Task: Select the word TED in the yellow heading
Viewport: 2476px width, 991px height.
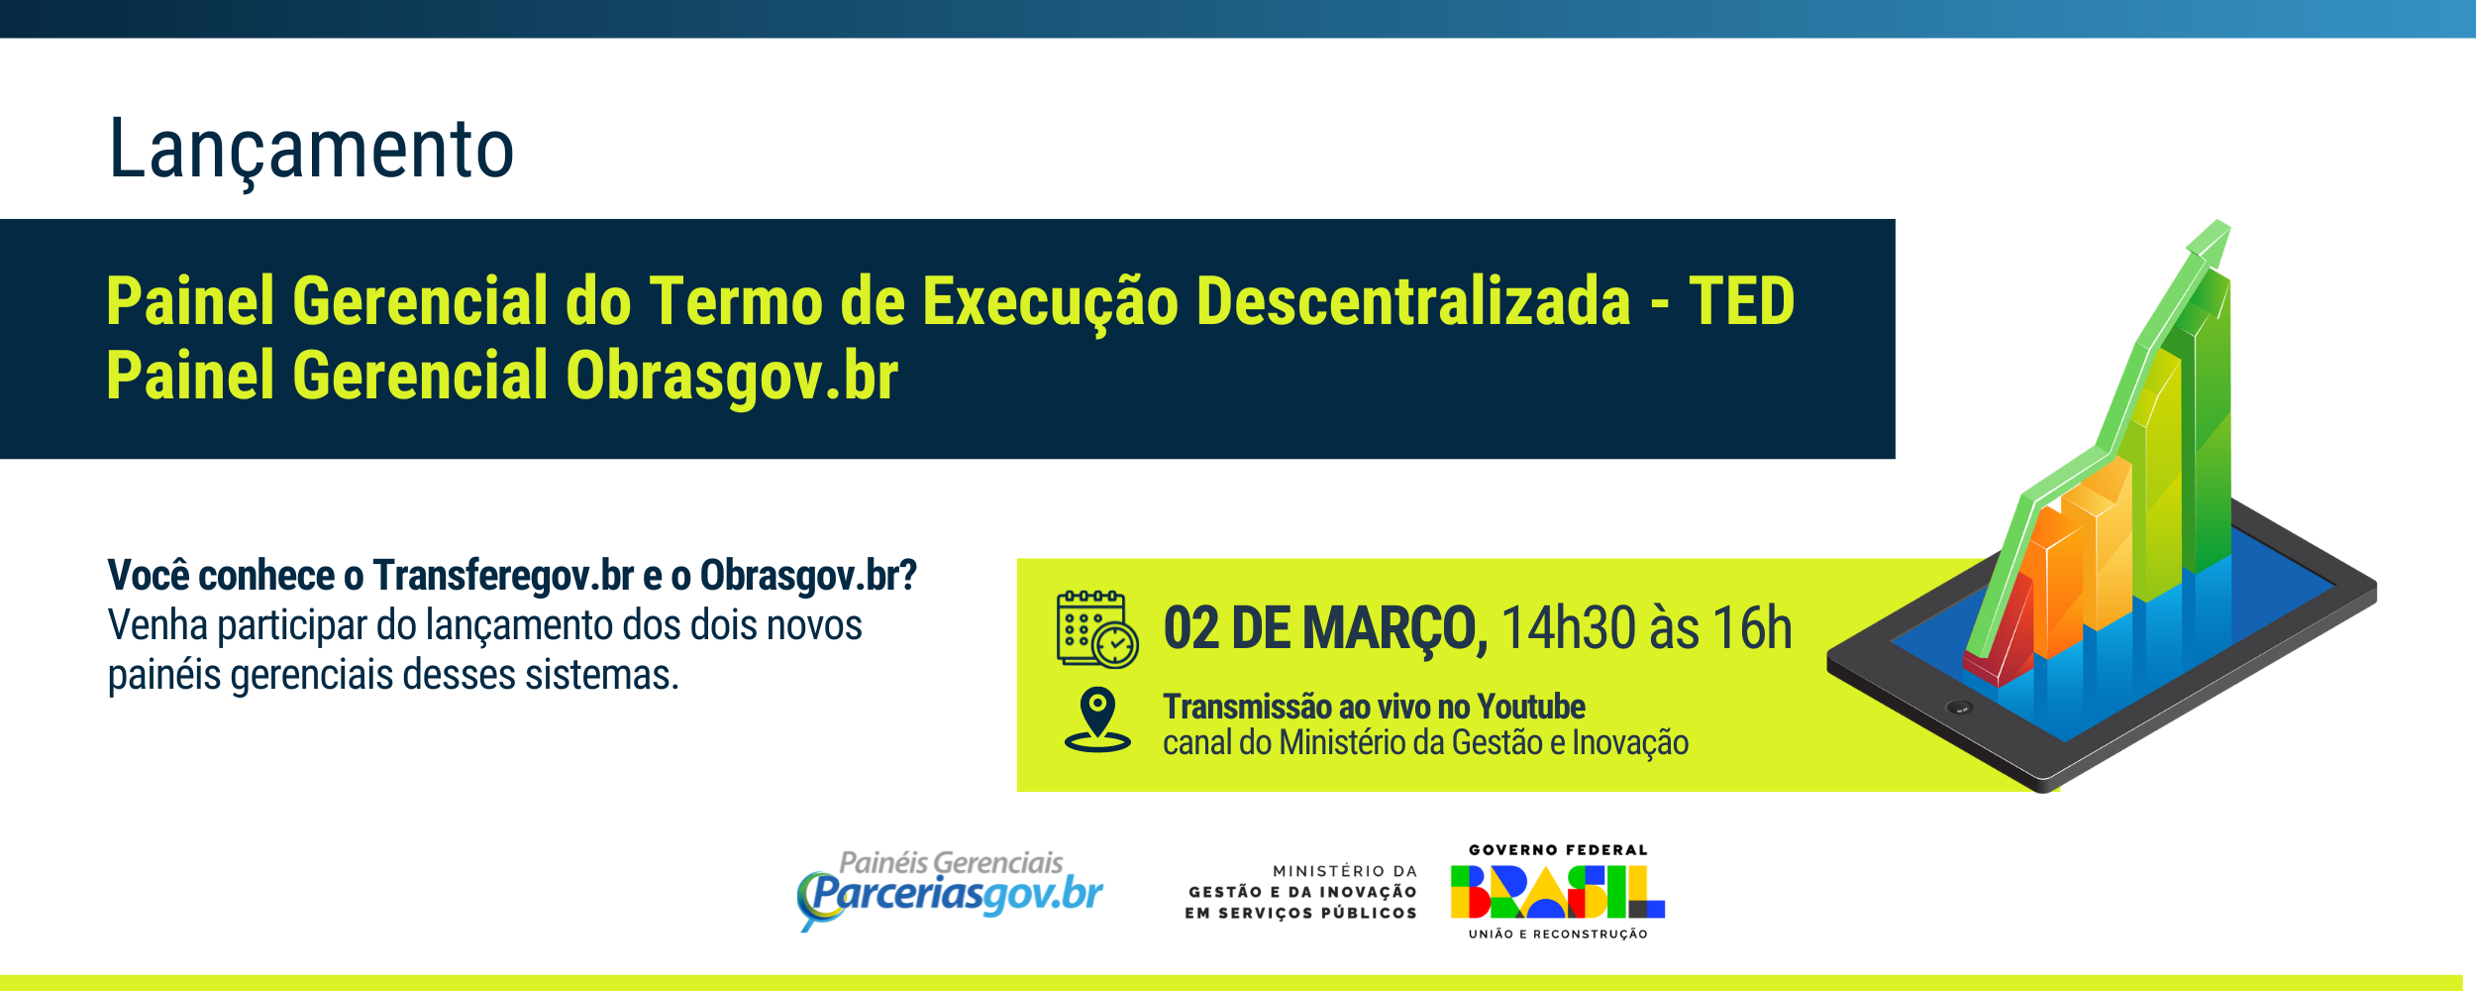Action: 1741,301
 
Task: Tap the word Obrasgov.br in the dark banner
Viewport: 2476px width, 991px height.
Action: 731,377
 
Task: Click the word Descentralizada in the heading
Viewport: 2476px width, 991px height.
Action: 1412,301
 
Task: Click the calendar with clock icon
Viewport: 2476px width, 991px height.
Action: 1095,628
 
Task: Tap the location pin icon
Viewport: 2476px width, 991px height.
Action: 1097,719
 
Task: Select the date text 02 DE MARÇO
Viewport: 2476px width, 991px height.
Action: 1324,628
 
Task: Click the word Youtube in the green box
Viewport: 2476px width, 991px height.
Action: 1530,707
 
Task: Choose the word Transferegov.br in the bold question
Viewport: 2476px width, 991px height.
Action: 503,576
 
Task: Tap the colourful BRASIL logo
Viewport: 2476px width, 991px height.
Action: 1557,892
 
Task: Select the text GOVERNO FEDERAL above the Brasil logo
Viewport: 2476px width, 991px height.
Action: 1558,850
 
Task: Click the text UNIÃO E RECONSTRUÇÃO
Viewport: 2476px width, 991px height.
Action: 1558,934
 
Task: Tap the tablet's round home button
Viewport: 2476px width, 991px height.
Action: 1959,708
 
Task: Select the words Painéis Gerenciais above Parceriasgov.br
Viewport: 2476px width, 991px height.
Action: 951,862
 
